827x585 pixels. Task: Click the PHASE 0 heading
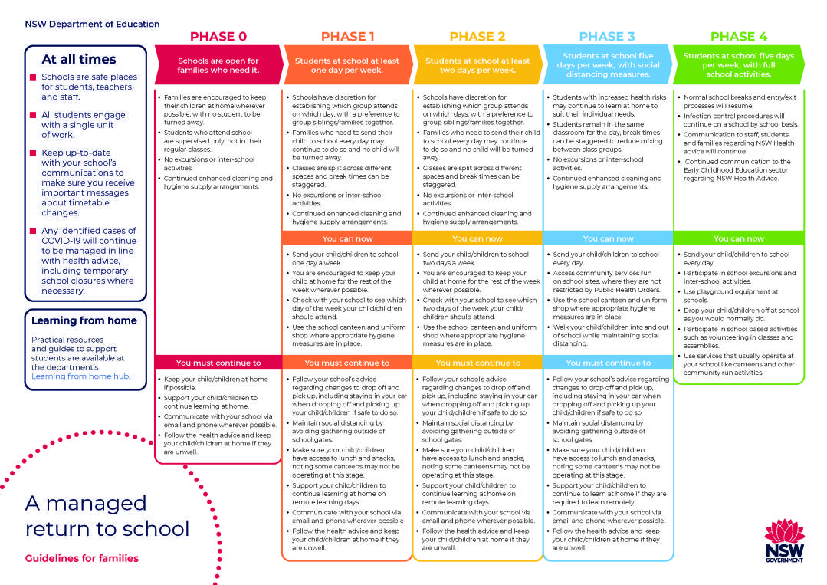pos(218,36)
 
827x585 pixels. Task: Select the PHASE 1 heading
pos(347,36)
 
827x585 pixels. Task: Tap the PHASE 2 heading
pos(477,36)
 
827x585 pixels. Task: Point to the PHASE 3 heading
pos(607,36)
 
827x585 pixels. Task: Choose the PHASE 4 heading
pos(739,36)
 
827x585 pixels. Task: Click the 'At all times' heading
pos(79,59)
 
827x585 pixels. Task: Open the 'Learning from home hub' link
pos(80,376)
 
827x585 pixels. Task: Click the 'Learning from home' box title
pos(84,320)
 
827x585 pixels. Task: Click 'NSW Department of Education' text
pos(92,24)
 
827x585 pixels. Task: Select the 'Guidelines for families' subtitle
pos(82,558)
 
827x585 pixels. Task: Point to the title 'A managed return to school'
pos(107,516)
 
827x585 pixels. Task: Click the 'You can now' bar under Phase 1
pos(347,238)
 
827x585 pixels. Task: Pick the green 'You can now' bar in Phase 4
pos(739,238)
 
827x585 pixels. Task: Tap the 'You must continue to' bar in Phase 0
pos(218,363)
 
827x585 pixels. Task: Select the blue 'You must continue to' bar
pos(608,363)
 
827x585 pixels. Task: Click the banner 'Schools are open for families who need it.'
pos(218,65)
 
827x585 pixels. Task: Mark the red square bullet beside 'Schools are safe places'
pos(33,77)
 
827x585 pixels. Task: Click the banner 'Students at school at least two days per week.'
pos(477,65)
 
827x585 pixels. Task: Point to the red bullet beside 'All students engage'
pos(33,115)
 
